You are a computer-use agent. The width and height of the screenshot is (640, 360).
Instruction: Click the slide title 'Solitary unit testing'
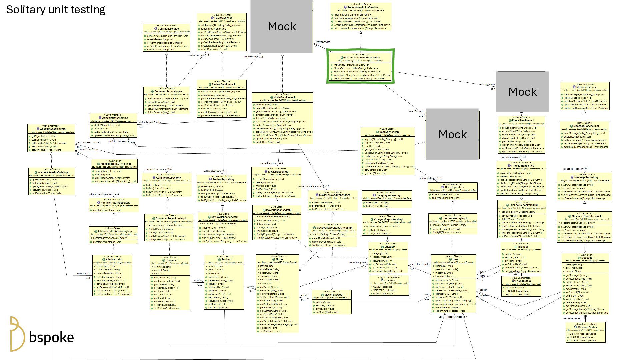tap(56, 10)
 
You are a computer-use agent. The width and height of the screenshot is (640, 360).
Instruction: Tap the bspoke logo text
tap(51, 337)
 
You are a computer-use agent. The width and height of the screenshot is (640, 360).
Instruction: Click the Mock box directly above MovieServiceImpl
tap(282, 26)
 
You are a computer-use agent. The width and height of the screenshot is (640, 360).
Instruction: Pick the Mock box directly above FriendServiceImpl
tap(522, 92)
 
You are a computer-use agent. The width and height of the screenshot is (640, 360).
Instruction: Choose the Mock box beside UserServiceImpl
tap(452, 134)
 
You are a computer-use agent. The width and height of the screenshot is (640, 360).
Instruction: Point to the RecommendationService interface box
tap(361, 16)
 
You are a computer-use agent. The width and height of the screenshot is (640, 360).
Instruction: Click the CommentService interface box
tap(166, 38)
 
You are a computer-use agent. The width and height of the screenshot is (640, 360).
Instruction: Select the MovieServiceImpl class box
tap(282, 118)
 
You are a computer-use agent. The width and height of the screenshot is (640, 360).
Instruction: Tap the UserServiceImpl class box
tap(388, 151)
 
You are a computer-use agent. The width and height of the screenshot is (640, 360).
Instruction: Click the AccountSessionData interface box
tap(51, 138)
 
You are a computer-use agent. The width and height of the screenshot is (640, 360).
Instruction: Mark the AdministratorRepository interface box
tap(114, 205)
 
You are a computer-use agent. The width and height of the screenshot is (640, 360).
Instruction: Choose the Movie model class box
tap(277, 294)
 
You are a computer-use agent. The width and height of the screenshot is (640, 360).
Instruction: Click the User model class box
tap(453, 284)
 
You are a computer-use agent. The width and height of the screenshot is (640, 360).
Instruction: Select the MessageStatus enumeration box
tap(585, 332)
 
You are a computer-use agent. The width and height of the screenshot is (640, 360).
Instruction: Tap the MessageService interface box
tap(585, 96)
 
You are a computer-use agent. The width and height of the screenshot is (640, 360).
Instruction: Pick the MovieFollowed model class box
tap(331, 302)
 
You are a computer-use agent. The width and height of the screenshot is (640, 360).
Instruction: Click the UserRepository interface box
tap(452, 191)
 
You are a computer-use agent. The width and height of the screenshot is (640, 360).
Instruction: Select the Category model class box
tap(388, 259)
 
